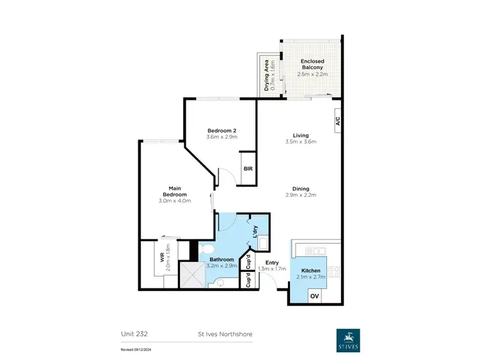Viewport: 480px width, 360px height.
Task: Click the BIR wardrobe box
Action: pyautogui.click(x=248, y=169)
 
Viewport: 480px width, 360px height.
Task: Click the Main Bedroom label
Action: pyautogui.click(x=174, y=191)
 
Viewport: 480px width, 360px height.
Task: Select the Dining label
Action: pyautogui.click(x=301, y=189)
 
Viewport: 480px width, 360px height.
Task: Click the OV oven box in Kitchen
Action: pyautogui.click(x=314, y=296)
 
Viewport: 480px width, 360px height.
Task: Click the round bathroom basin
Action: pyautogui.click(x=219, y=281)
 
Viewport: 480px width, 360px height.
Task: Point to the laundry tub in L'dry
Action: pyautogui.click(x=262, y=244)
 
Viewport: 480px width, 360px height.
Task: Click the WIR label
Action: pyautogui.click(x=163, y=258)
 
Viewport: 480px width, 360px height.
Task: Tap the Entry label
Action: pyautogui.click(x=272, y=262)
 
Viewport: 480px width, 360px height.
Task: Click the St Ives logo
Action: pyautogui.click(x=348, y=340)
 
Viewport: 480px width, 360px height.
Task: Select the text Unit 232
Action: pyautogui.click(x=134, y=333)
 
